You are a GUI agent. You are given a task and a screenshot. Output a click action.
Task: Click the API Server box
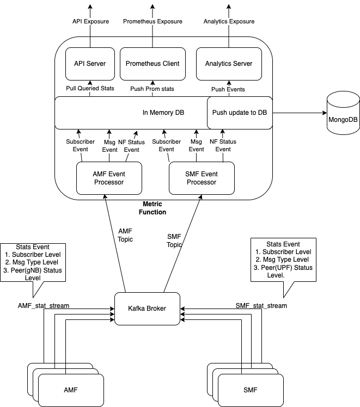[x=90, y=64]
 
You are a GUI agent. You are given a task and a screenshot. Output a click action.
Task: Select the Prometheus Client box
[x=152, y=64]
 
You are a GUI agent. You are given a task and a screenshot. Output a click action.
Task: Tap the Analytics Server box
[x=229, y=64]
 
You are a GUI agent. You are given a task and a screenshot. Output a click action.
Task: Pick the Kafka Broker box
[x=147, y=309]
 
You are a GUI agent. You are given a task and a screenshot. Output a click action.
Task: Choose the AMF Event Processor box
[x=109, y=178]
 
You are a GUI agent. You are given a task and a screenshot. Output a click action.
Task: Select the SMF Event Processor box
[x=202, y=178]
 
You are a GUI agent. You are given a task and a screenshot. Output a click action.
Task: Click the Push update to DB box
[x=240, y=113]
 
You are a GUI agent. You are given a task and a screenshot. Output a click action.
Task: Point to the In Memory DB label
[x=163, y=113]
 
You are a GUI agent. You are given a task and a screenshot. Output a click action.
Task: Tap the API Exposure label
[x=90, y=21]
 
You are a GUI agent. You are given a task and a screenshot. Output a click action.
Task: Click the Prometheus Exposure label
[x=152, y=21]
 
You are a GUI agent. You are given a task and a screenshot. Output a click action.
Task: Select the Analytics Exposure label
[x=229, y=21]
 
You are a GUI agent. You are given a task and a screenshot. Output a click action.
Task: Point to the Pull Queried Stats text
[x=90, y=88]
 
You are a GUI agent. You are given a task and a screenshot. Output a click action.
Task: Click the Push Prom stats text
[x=152, y=89]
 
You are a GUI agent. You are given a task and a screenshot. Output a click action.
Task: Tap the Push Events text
[x=228, y=89]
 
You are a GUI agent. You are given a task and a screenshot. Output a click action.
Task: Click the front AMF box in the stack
[x=71, y=390]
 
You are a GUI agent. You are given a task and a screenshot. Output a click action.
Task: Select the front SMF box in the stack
[x=251, y=390]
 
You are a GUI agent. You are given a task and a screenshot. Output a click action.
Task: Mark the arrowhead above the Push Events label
[x=228, y=82]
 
